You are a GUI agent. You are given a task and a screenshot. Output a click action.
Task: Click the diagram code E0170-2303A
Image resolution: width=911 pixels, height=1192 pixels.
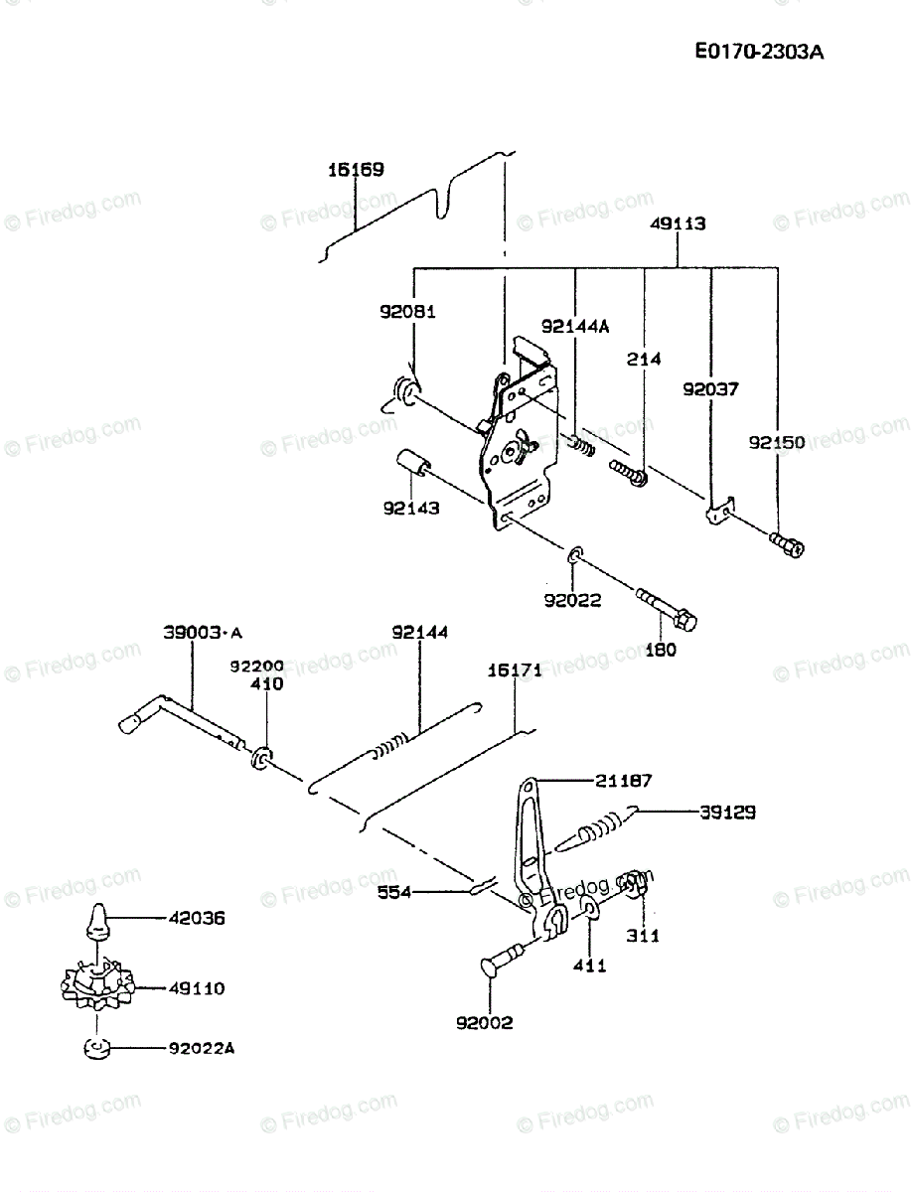coord(759,52)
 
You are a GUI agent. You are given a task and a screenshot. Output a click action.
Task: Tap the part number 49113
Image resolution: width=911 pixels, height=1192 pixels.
coord(679,224)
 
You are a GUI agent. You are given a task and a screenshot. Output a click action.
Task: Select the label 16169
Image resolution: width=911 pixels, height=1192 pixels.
coord(356,170)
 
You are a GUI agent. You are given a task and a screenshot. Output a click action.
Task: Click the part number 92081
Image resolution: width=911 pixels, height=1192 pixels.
coord(407,311)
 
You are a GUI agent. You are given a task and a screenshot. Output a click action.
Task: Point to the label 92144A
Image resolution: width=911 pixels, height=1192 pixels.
coord(575,326)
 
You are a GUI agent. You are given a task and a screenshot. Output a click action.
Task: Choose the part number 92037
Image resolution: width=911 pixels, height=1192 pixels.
coord(710,389)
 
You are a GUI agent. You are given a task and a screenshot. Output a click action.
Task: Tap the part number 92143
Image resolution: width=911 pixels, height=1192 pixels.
coord(411,508)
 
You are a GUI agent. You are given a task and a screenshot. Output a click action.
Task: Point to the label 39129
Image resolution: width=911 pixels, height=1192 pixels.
coord(727,812)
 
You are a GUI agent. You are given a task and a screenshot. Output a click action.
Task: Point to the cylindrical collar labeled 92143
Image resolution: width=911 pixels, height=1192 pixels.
coord(412,466)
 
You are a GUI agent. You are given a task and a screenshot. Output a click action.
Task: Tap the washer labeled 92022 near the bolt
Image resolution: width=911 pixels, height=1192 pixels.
coord(577,553)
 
